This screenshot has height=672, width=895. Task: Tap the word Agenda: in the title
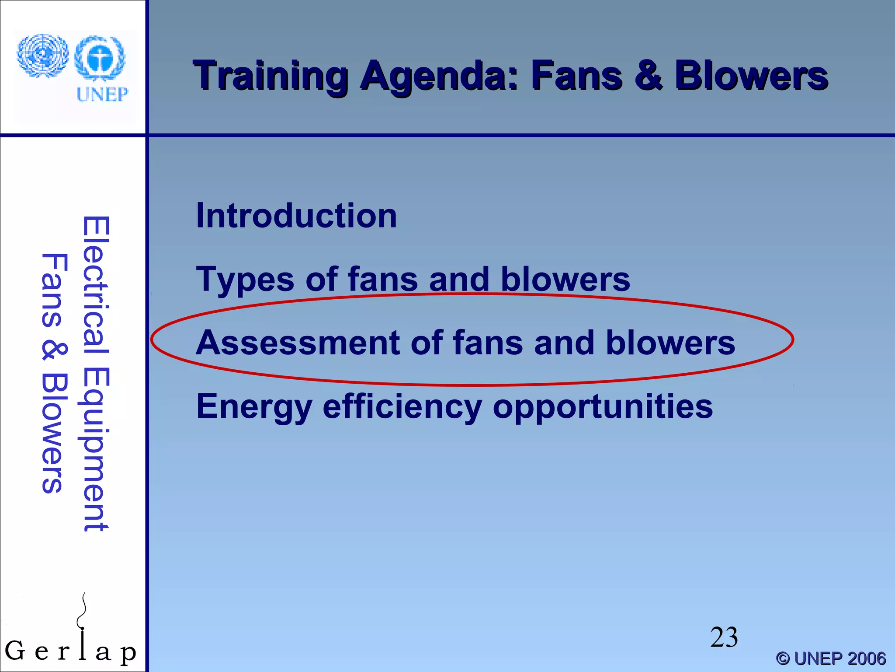[439, 77]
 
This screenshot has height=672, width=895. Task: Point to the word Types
[245, 280]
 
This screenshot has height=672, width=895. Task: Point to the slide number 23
[724, 637]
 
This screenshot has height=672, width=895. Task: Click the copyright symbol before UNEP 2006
[783, 658]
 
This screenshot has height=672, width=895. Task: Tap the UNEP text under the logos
[102, 94]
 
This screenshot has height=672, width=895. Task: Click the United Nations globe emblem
[42, 55]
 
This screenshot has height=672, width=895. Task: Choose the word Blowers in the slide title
[751, 76]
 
